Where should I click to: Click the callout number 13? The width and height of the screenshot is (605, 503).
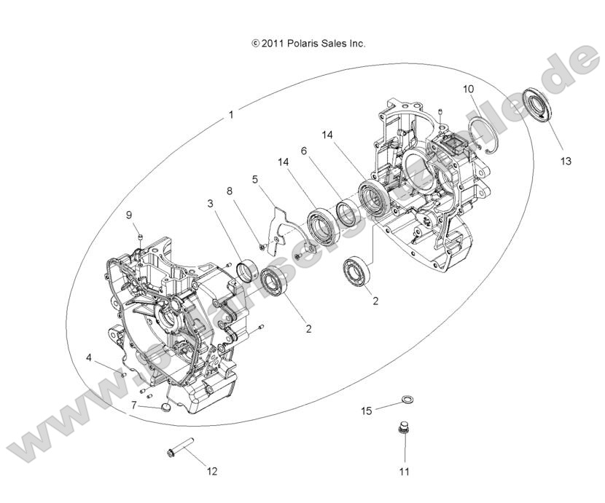tap(566, 160)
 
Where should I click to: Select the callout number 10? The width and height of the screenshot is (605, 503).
tap(468, 89)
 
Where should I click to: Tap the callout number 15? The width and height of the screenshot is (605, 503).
tap(367, 411)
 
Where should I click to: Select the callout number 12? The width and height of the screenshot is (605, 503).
tap(212, 471)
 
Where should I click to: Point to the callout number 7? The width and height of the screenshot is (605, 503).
tap(133, 405)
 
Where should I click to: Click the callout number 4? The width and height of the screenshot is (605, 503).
tap(89, 357)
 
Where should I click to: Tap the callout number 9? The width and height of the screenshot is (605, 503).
tap(128, 215)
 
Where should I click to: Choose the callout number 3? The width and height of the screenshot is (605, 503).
tap(210, 205)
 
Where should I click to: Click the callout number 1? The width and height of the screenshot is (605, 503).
tap(231, 114)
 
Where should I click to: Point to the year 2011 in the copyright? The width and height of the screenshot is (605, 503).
tap(273, 44)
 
